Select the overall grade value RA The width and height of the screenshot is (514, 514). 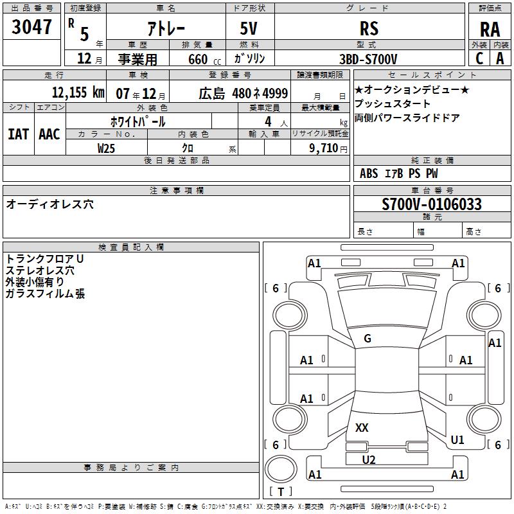490,30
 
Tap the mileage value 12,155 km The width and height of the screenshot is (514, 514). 78,93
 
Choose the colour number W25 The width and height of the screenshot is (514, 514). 107,147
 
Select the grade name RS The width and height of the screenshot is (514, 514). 369,28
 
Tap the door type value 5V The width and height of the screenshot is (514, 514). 250,28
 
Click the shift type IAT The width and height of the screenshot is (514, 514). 18,134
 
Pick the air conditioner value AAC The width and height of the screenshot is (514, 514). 49,134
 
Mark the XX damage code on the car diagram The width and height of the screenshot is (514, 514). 362,428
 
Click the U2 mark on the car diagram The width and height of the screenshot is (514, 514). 369,459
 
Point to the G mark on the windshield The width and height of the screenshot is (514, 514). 368,339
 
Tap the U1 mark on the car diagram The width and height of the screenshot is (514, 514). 457,440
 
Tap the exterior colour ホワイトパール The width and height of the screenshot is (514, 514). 137,121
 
